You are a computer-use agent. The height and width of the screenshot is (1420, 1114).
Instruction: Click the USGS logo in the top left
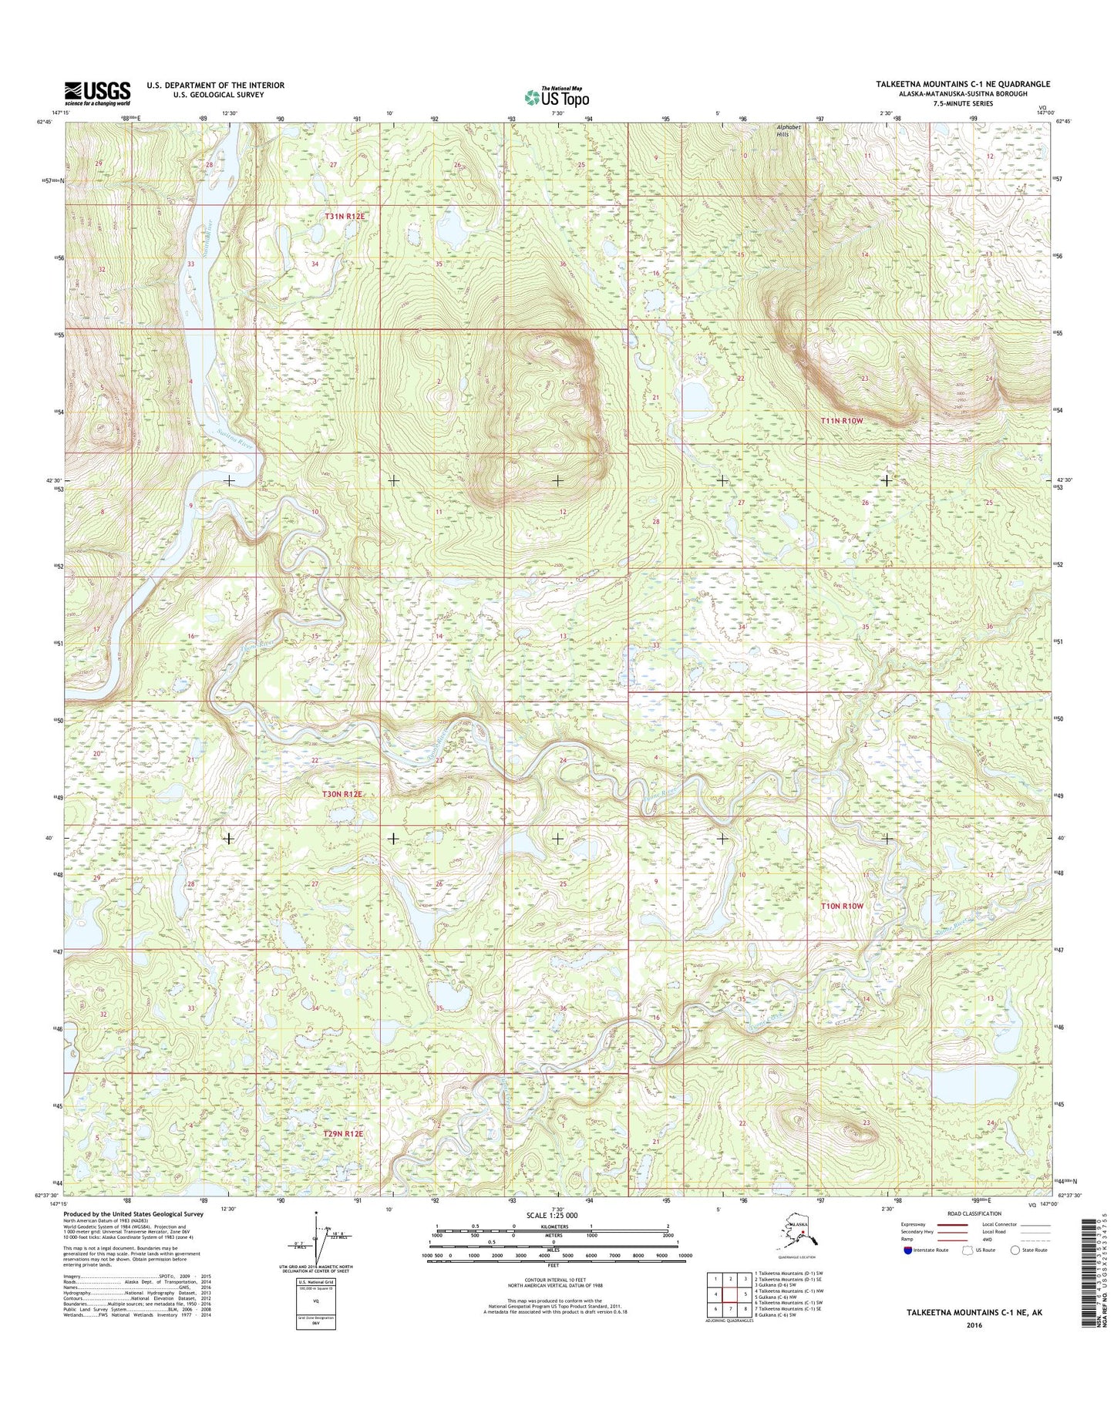(x=96, y=93)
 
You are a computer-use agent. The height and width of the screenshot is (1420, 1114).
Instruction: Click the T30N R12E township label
(x=342, y=793)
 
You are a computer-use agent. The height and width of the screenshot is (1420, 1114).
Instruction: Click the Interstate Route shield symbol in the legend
(x=907, y=1271)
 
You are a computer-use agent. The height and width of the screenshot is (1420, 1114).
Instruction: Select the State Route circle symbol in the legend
(x=1016, y=1271)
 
